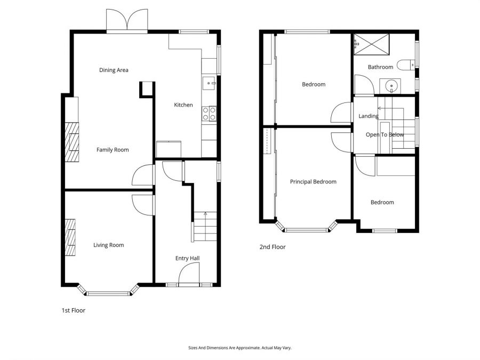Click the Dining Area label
coord(114,70)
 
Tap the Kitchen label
coord(183,105)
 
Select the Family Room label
coord(113,150)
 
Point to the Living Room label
coord(109,245)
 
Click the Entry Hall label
coord(187,259)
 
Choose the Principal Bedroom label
coord(313,182)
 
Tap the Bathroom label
coord(381,67)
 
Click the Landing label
coord(369,116)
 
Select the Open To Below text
coord(385,135)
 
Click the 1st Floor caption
coord(73,310)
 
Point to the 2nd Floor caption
coord(273,247)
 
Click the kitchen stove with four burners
coord(209,114)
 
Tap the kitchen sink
coord(209,83)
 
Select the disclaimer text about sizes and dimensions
coord(240,348)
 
